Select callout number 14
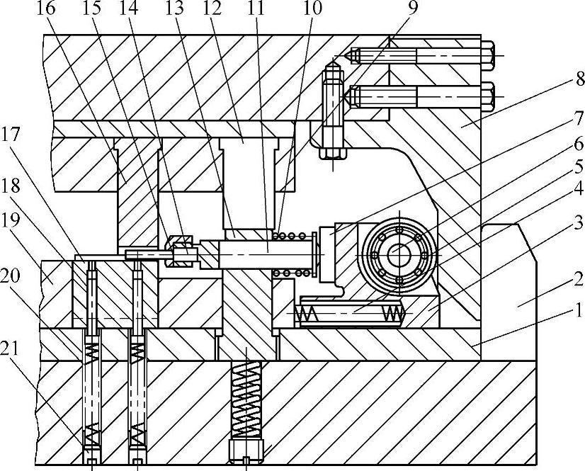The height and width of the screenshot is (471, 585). (x=130, y=9)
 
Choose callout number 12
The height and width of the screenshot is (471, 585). (x=211, y=9)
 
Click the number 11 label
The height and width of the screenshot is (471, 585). (x=254, y=9)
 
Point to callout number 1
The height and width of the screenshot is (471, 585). (x=577, y=309)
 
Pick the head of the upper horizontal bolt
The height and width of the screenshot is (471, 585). (x=489, y=55)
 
